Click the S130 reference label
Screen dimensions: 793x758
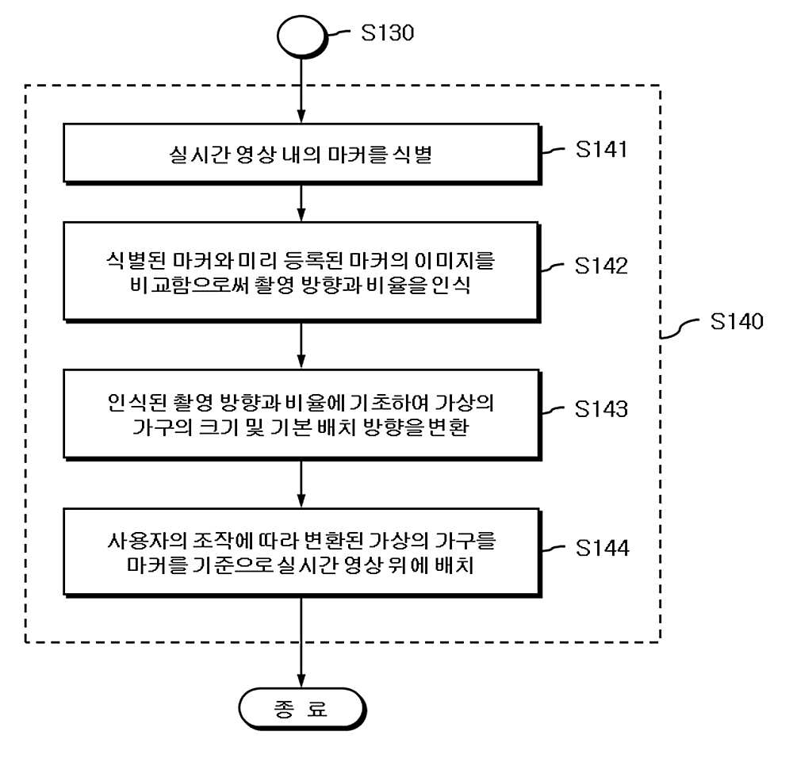[x=388, y=33]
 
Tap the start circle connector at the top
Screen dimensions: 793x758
[x=301, y=36]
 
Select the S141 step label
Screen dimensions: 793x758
[x=601, y=150]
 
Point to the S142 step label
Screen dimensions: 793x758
[x=601, y=266]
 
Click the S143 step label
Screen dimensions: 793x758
[x=601, y=409]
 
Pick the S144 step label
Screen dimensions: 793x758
[x=603, y=548]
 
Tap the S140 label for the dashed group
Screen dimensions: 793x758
[x=737, y=322]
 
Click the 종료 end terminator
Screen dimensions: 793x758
[x=302, y=708]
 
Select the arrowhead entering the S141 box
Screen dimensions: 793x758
[x=301, y=117]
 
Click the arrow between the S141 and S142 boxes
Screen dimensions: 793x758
[x=301, y=202]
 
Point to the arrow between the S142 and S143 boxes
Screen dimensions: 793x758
[x=301, y=346]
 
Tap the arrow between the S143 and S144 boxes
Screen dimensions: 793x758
[x=301, y=484]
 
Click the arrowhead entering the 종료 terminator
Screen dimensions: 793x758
[x=301, y=681]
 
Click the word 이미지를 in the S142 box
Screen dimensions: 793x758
[x=454, y=261]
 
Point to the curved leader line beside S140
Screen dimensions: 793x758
[x=680, y=329]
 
